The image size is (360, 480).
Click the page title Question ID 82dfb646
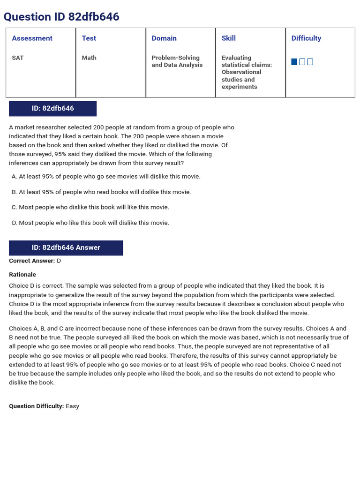tap(61, 17)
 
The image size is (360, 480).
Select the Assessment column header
tap(32, 38)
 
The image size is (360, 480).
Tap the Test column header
tap(89, 38)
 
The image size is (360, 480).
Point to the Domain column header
tap(164, 38)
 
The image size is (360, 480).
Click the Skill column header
tap(229, 38)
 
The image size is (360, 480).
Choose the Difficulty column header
tap(306, 38)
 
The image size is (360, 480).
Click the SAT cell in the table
tap(18, 58)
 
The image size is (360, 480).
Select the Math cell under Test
tap(89, 58)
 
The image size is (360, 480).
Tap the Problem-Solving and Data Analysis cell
tap(177, 61)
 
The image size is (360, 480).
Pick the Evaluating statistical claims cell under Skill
tap(247, 72)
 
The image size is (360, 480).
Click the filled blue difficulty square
tap(294, 62)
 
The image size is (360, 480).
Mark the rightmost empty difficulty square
tap(310, 62)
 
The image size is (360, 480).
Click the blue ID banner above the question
tap(52, 108)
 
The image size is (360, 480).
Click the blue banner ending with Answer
tap(66, 247)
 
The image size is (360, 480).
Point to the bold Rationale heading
tap(22, 275)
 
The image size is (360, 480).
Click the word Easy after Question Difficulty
tap(73, 406)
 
